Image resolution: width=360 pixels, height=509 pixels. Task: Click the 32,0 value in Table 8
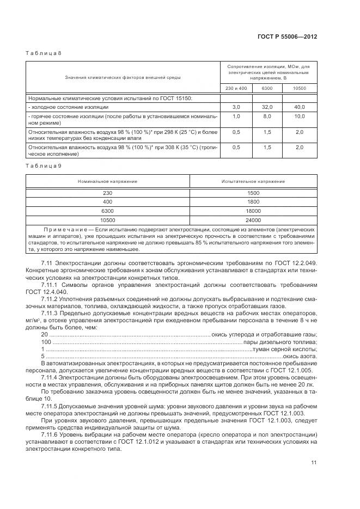(267, 107)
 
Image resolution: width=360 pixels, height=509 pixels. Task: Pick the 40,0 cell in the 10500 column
(300, 107)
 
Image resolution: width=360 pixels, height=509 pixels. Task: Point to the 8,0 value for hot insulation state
(267, 116)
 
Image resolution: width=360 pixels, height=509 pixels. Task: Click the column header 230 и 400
(236, 88)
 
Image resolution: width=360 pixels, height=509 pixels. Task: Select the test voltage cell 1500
(253, 193)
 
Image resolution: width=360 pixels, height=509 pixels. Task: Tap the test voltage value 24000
(253, 220)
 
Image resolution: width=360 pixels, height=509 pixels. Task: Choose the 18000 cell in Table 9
(253, 211)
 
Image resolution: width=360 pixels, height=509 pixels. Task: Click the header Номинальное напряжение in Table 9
(107, 181)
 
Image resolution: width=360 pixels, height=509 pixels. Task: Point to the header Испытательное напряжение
(253, 181)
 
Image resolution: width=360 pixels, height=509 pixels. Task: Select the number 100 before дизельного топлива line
(46, 341)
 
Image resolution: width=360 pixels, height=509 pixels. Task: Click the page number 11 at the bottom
(314, 462)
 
